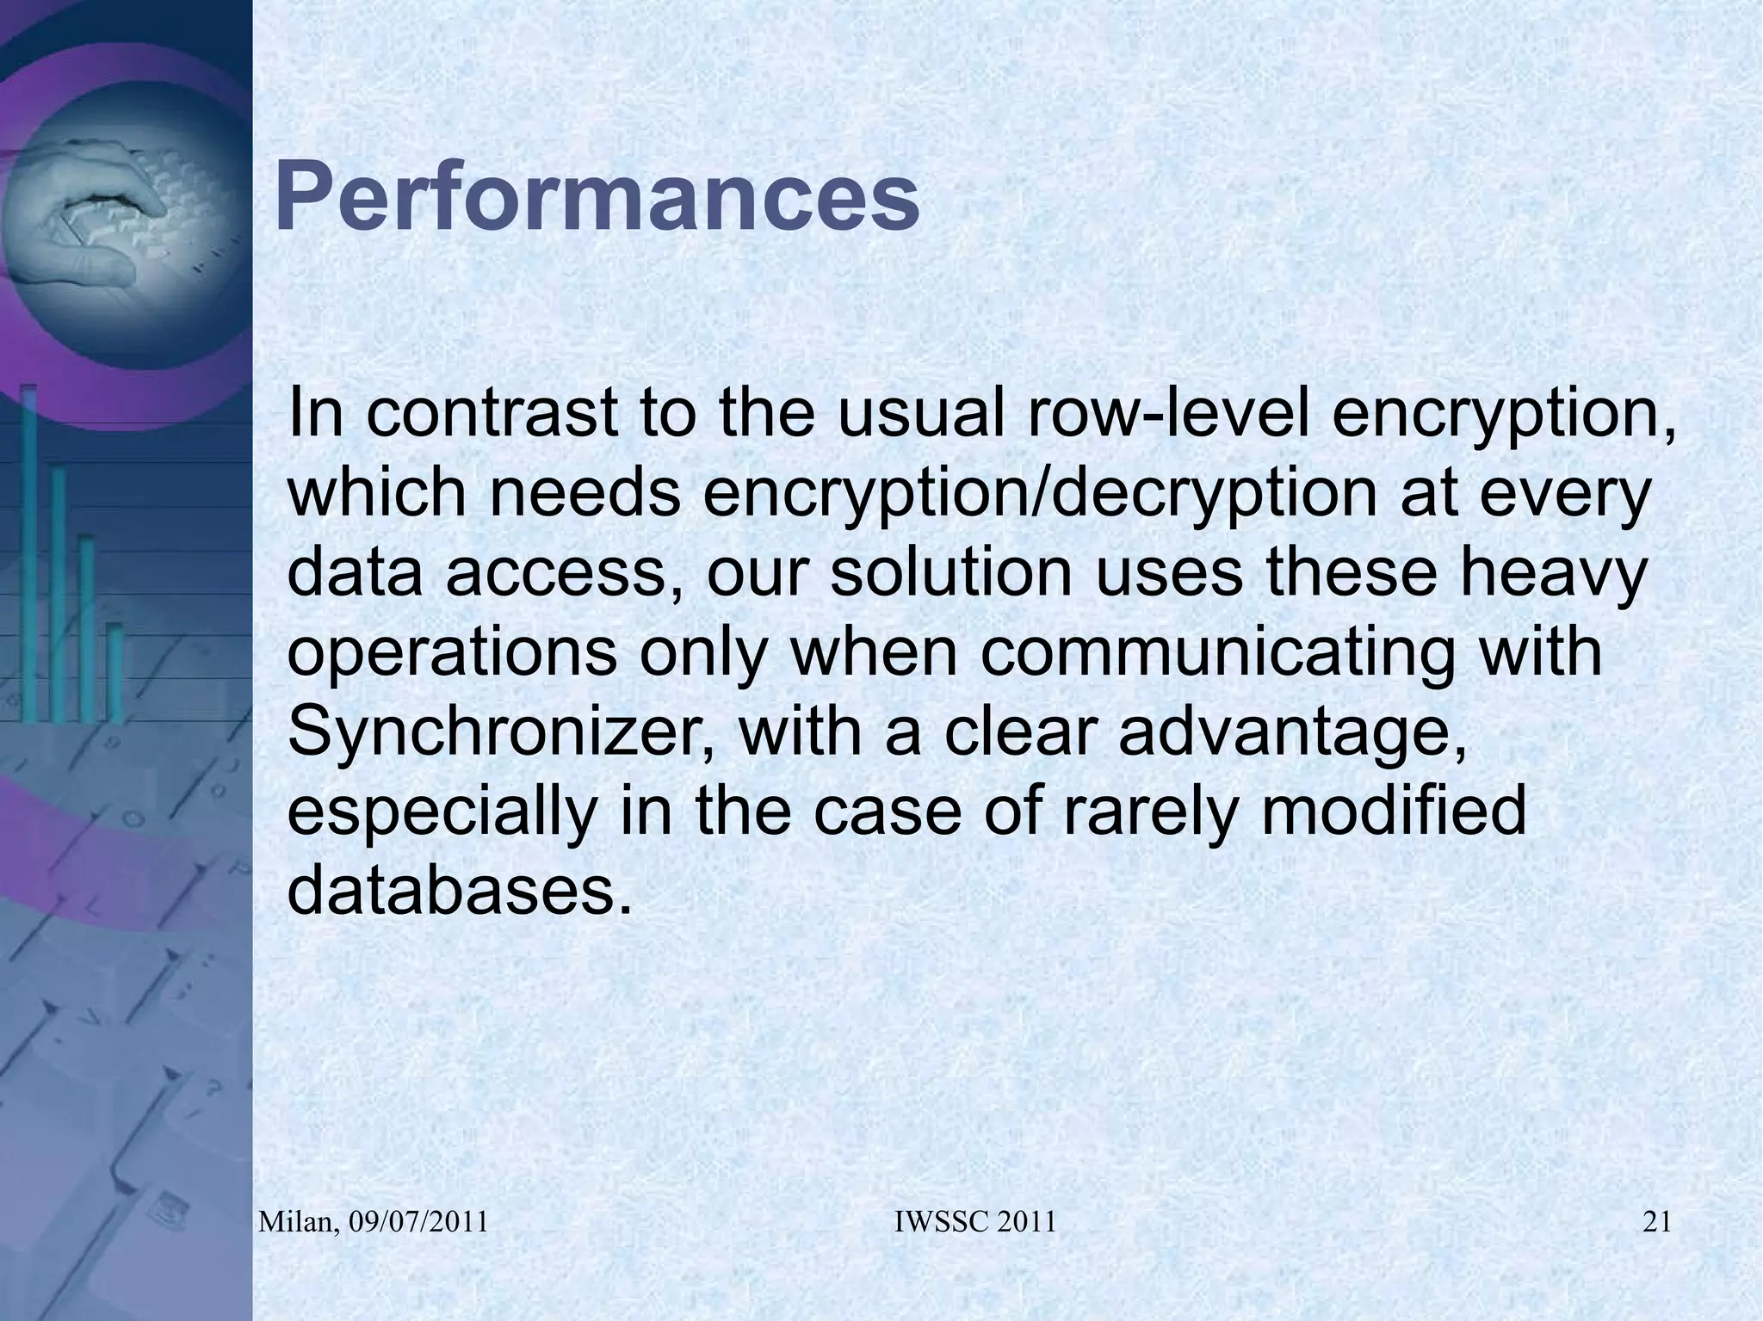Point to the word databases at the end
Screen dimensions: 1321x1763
coord(452,892)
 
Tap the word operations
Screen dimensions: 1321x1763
coord(452,652)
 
